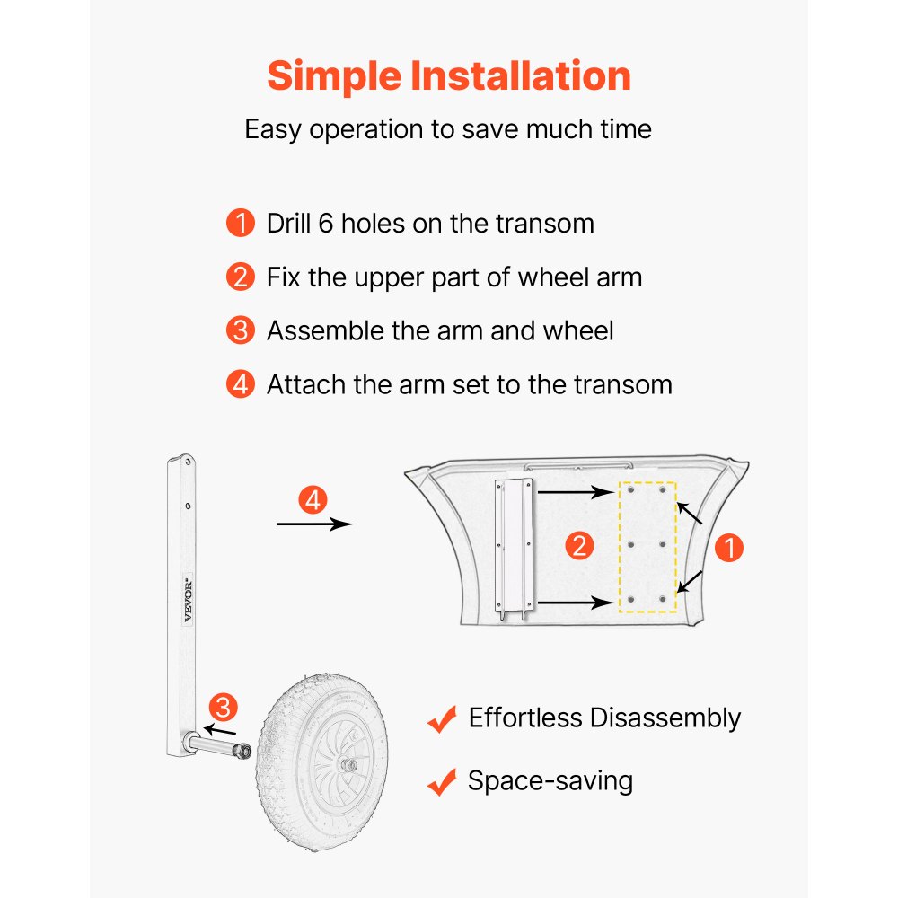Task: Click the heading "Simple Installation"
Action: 449,76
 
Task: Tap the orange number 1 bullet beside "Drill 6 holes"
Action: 241,224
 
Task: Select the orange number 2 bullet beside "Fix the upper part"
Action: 241,277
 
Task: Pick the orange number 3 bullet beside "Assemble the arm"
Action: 241,330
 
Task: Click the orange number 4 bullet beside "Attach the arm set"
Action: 241,384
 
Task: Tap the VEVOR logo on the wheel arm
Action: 189,600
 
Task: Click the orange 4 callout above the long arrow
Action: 313,500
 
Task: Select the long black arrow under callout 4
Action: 314,524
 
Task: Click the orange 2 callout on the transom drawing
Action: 579,546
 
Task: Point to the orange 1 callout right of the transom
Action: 729,548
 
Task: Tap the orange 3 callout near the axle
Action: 223,708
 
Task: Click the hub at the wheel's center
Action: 348,764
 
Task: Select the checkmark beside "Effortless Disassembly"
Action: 442,719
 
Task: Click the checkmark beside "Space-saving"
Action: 442,782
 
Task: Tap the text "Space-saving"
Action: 550,781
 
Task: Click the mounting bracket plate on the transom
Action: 515,547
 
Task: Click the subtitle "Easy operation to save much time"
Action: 448,129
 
